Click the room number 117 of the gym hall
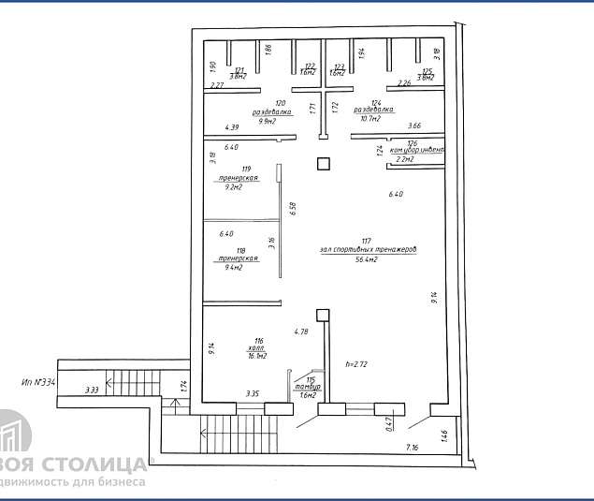click(x=366, y=240)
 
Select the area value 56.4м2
click(x=366, y=259)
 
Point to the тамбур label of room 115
click(x=309, y=387)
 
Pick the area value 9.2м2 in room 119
click(x=233, y=186)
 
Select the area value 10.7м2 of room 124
click(x=375, y=120)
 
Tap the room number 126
click(x=413, y=142)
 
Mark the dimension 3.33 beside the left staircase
click(x=92, y=390)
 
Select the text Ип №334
click(x=38, y=382)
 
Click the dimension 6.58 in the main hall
click(x=293, y=210)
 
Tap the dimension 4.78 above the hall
click(x=301, y=332)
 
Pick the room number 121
click(x=239, y=70)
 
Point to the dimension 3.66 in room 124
click(x=414, y=125)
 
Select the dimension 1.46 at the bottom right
click(x=443, y=435)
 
